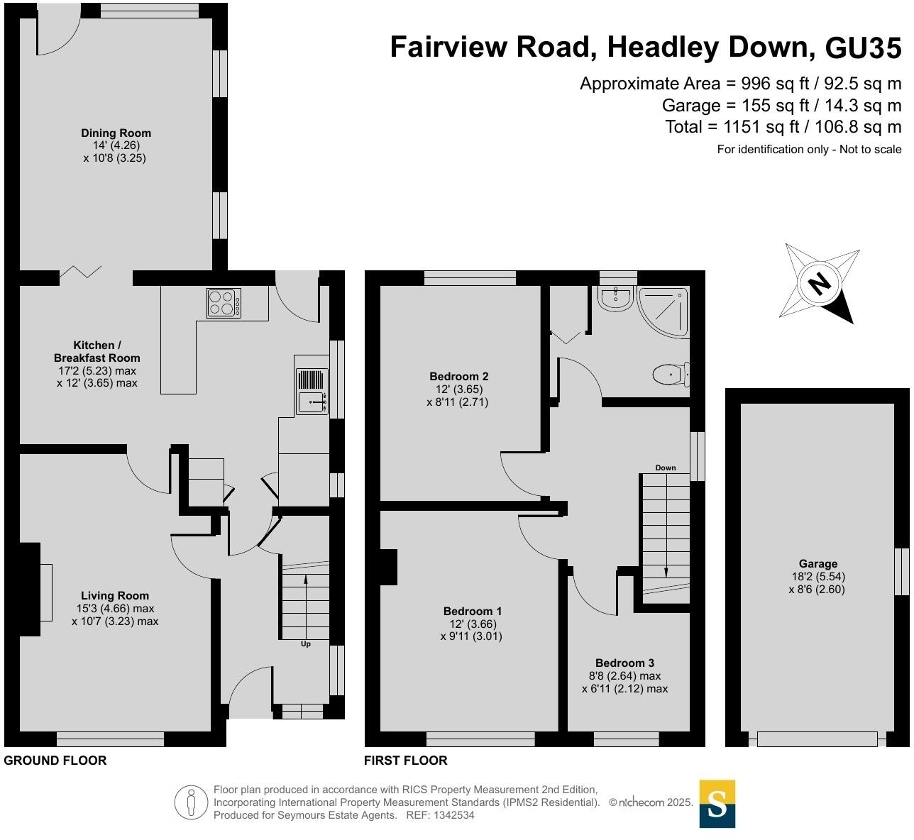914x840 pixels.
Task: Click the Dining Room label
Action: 116,133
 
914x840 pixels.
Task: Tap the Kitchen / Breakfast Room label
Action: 97,352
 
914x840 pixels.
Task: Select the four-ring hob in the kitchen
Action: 224,303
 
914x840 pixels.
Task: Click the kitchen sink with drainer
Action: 312,392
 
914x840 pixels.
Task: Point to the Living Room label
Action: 115,596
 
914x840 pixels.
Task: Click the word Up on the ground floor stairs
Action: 306,644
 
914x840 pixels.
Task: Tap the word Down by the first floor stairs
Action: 666,468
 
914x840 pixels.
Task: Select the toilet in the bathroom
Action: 669,374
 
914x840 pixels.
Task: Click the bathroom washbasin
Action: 615,299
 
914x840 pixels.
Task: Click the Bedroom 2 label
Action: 458,377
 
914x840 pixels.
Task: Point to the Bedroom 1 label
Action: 473,612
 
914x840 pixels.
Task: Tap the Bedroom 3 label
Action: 624,663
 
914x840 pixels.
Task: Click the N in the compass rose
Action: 820,284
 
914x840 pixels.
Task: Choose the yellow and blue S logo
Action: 717,804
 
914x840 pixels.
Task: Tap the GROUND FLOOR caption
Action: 55,761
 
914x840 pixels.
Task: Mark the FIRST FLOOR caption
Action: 405,761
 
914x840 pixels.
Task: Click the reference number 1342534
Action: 450,815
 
